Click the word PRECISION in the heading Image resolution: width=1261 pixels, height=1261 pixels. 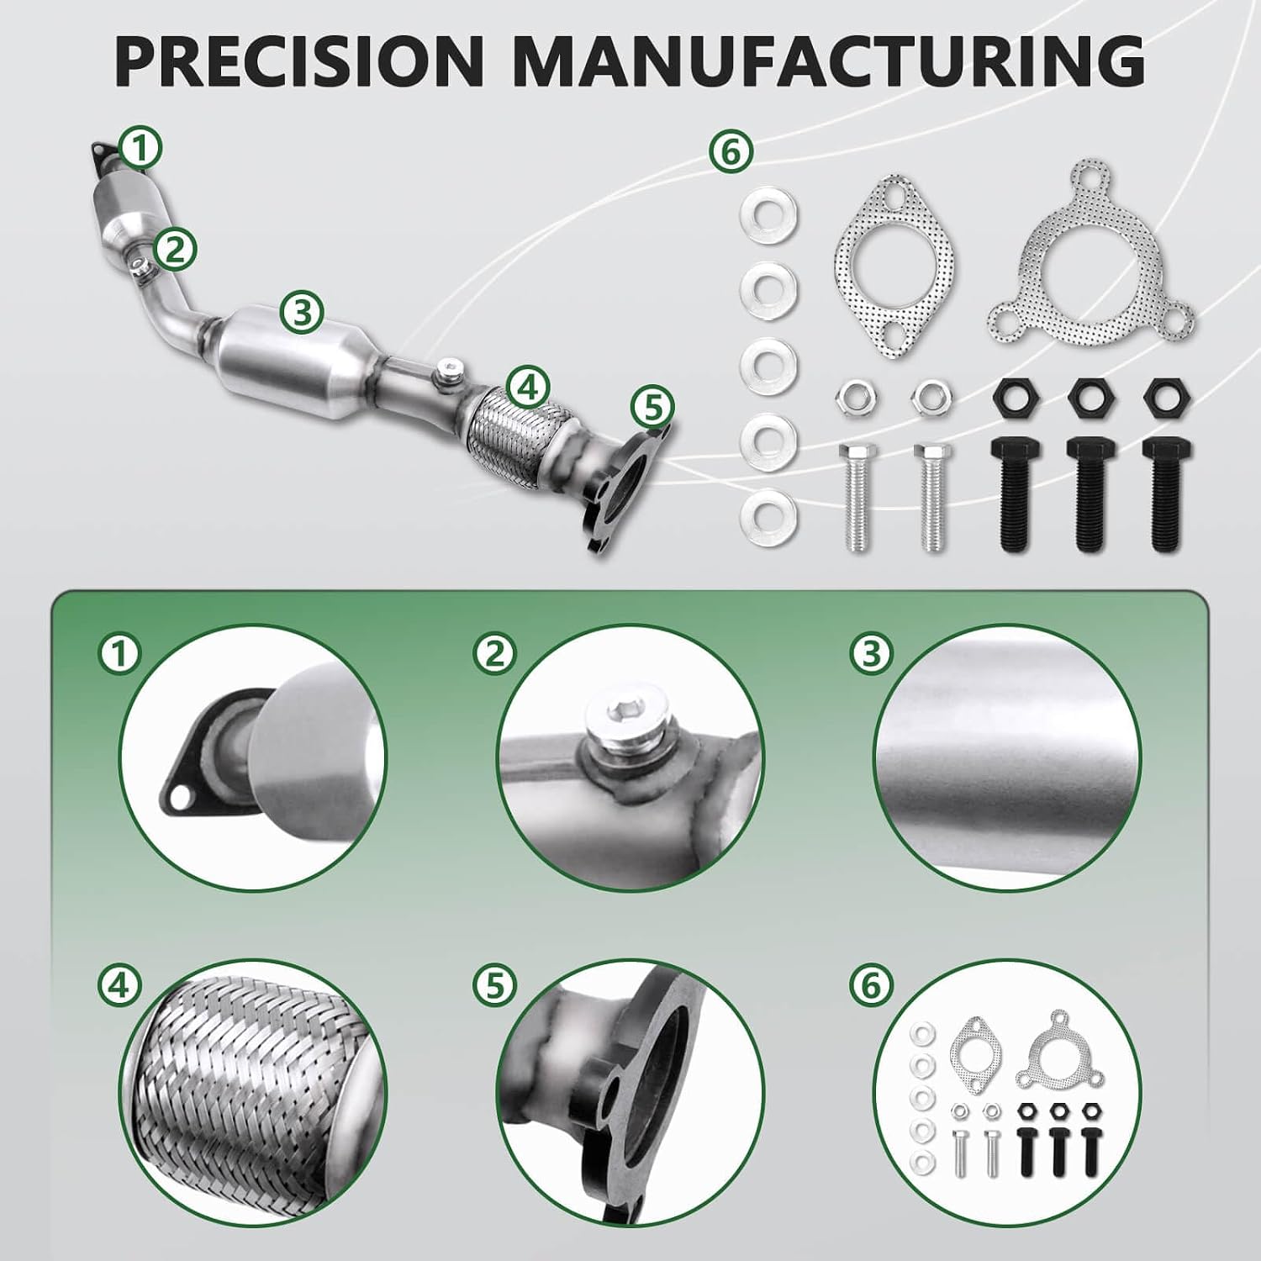300,60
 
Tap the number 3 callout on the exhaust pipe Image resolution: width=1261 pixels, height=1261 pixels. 303,312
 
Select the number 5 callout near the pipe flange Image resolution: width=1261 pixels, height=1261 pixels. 654,408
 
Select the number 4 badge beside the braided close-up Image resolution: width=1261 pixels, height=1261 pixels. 119,984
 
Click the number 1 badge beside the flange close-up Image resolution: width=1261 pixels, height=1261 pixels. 119,653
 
